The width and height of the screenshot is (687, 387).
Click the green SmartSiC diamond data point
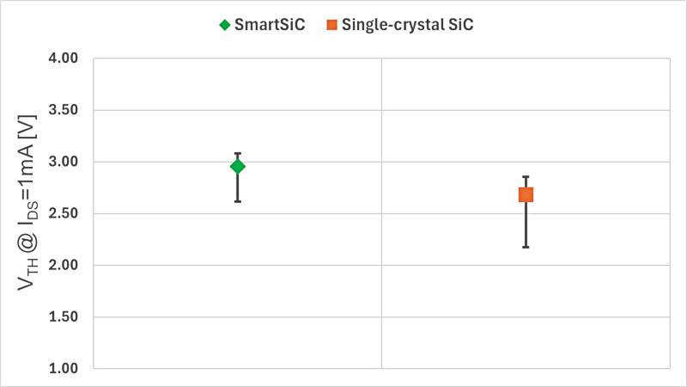(x=238, y=166)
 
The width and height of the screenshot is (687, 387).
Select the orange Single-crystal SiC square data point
(x=526, y=195)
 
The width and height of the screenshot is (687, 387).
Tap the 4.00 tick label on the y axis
(x=62, y=58)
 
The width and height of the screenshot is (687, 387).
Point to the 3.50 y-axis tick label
(x=62, y=110)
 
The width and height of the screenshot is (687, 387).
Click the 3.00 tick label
(x=62, y=162)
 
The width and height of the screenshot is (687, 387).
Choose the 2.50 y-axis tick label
(x=62, y=213)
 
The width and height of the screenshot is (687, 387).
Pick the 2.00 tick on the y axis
(x=62, y=265)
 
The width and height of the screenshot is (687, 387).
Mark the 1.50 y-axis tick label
(x=62, y=316)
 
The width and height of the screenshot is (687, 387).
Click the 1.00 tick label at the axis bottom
(x=62, y=368)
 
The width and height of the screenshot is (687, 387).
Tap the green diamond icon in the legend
(x=225, y=25)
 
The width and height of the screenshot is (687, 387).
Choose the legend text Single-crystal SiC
(x=408, y=25)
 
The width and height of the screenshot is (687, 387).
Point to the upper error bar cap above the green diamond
(x=238, y=153)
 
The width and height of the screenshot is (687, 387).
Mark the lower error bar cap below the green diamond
(x=238, y=201)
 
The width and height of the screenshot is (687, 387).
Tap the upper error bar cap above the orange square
(x=526, y=177)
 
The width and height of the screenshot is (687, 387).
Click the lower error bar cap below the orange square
(x=526, y=247)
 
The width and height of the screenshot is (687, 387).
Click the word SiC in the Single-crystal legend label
(x=459, y=25)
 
